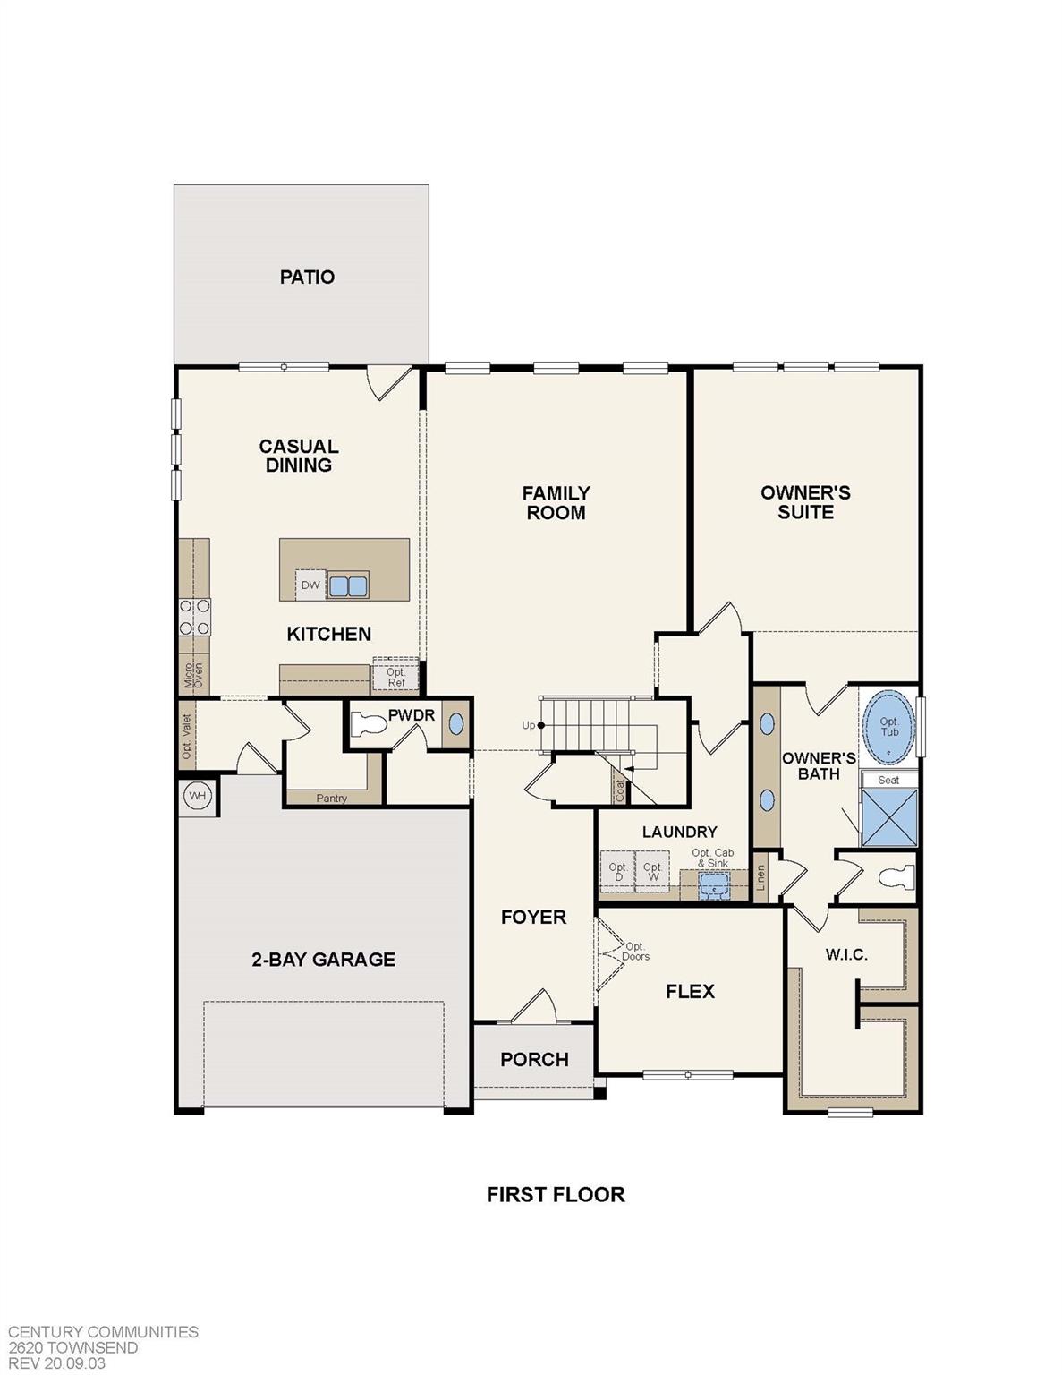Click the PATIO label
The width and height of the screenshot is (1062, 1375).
[307, 278]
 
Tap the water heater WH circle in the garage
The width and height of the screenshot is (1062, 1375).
[197, 795]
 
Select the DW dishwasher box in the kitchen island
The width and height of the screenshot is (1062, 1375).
[310, 585]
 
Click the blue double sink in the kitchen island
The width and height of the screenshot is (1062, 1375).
[349, 586]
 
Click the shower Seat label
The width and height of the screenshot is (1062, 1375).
[888, 780]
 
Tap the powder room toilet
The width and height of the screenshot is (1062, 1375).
[368, 724]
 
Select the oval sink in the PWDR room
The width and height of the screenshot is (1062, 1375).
[455, 723]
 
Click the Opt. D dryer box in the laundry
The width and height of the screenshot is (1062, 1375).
[617, 871]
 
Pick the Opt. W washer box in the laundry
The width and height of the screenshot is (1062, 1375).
[653, 871]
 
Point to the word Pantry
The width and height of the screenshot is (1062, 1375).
[332, 799]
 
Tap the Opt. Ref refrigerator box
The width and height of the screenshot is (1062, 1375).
[395, 677]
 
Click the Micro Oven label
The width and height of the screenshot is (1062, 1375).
[194, 674]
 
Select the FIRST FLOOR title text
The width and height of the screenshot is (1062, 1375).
[556, 1194]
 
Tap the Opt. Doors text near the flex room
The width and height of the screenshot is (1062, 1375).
[635, 952]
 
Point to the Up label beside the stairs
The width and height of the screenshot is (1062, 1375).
[528, 725]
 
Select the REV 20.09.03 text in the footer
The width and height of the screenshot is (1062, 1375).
[57, 1363]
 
